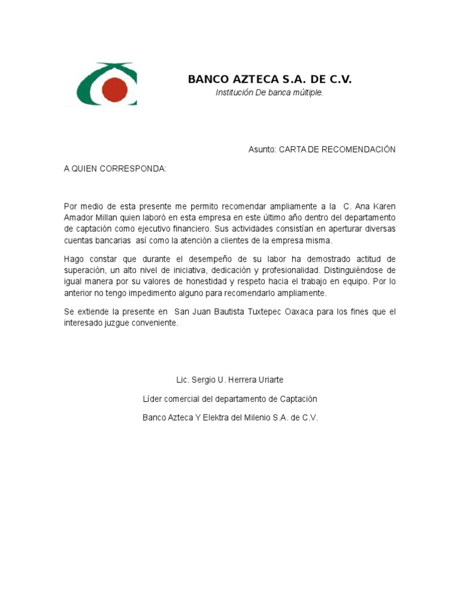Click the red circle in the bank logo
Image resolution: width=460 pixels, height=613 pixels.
point(115,89)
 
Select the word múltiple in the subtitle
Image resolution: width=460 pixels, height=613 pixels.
point(308,93)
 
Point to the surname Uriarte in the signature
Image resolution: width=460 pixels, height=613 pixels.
point(270,380)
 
